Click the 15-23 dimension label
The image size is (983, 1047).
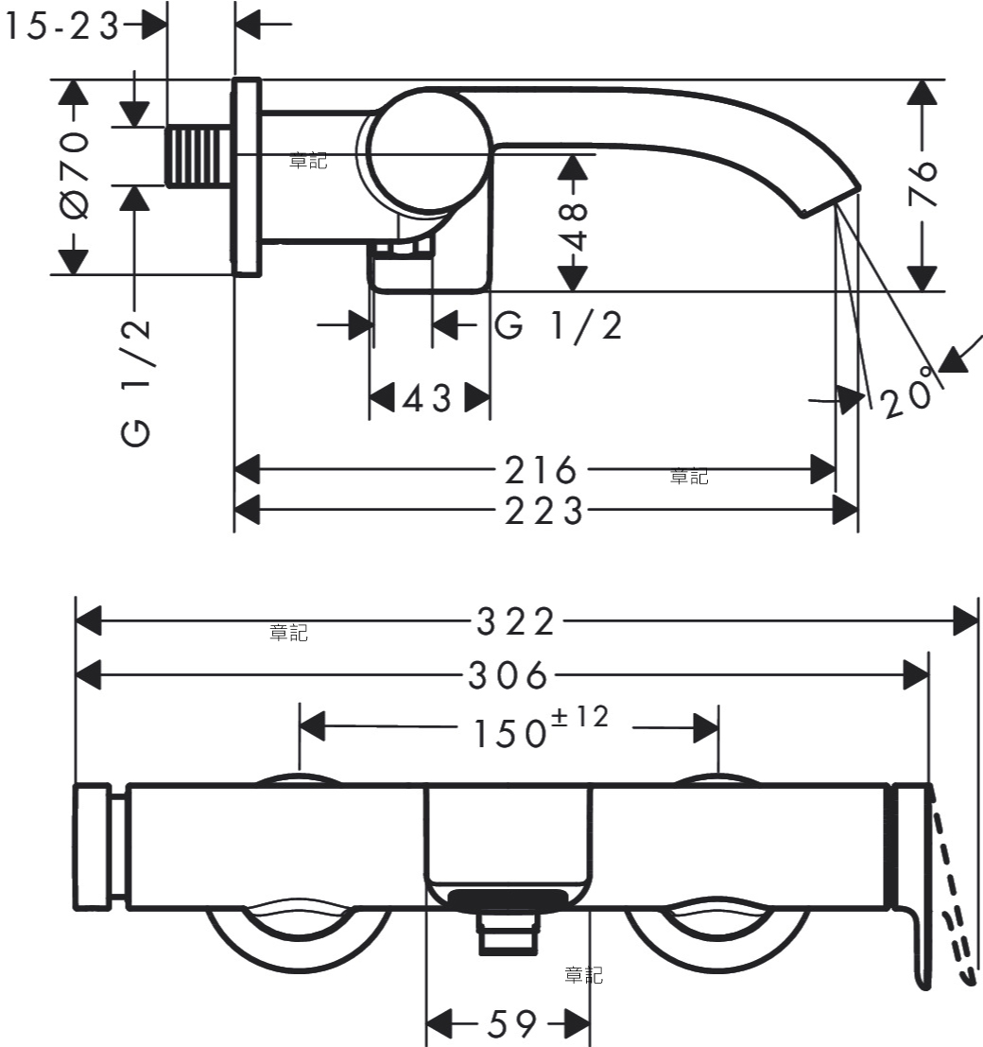(61, 27)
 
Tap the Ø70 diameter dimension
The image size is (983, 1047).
(74, 175)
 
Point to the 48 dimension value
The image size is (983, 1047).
(573, 227)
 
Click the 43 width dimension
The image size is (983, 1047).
(428, 398)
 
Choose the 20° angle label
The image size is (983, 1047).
(908, 393)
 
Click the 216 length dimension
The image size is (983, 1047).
(540, 470)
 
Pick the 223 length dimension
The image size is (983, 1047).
(543, 512)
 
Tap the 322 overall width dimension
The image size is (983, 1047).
(515, 621)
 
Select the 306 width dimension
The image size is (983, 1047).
(508, 675)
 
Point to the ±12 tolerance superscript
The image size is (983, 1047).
(580, 717)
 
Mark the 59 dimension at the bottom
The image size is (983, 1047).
(512, 1023)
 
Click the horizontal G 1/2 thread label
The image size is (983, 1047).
(559, 326)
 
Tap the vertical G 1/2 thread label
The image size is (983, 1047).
(136, 383)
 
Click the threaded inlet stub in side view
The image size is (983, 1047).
(199, 156)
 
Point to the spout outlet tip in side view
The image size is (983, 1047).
(830, 201)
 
